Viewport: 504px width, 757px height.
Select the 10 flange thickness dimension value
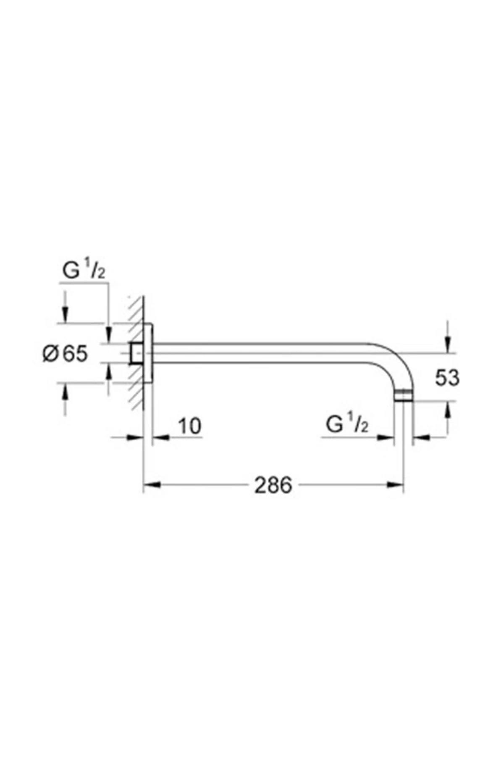(x=190, y=426)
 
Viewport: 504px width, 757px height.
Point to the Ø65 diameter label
(x=66, y=353)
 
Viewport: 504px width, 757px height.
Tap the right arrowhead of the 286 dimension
(x=396, y=485)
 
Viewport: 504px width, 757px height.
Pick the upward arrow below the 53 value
(x=448, y=409)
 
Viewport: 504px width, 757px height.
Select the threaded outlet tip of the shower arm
(x=404, y=396)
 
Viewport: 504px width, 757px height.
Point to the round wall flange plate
(x=148, y=353)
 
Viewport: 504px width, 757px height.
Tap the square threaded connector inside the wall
(x=136, y=353)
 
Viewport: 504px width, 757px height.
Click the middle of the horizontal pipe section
(x=260, y=353)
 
